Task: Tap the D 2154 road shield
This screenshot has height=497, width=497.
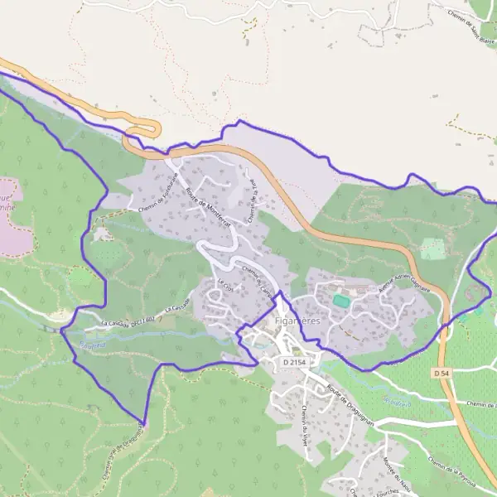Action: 294,362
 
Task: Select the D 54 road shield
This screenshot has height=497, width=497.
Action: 442,374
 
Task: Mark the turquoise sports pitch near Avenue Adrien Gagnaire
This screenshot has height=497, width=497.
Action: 340,301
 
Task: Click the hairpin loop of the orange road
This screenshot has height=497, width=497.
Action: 149,129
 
